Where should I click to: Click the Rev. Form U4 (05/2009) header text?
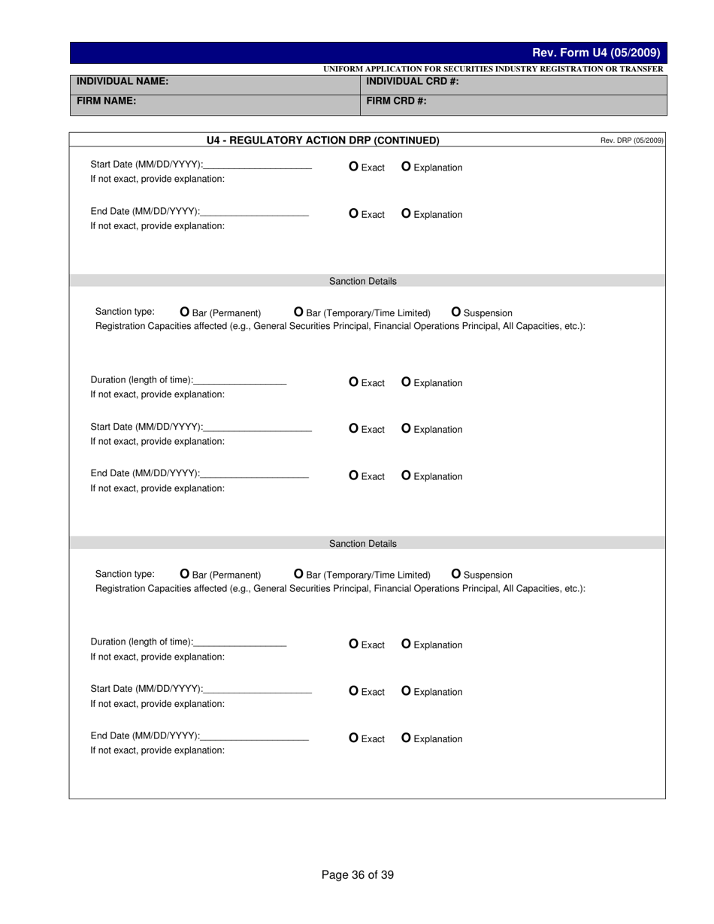(x=596, y=53)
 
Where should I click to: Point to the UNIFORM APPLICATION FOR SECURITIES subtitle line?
(x=493, y=69)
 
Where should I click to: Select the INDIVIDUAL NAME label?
(x=123, y=81)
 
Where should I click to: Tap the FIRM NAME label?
(x=106, y=100)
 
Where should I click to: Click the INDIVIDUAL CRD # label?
(x=412, y=81)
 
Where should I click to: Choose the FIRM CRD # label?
(x=396, y=100)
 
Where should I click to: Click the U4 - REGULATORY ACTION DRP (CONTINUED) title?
(x=322, y=140)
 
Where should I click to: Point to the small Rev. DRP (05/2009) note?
(x=631, y=140)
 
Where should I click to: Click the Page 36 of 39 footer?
(x=357, y=874)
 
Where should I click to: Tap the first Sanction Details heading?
(x=363, y=281)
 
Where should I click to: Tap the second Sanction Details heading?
(x=363, y=543)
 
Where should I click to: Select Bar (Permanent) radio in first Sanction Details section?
(x=185, y=312)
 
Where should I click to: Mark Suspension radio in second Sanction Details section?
(x=456, y=574)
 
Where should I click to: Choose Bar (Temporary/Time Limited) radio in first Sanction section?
(x=298, y=312)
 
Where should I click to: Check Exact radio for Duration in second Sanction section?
(x=354, y=644)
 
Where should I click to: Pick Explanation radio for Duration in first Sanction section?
(x=407, y=382)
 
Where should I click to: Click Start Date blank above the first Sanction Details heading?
(x=257, y=165)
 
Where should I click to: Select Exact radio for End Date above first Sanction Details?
(x=354, y=213)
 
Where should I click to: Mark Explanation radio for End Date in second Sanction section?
(x=407, y=738)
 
